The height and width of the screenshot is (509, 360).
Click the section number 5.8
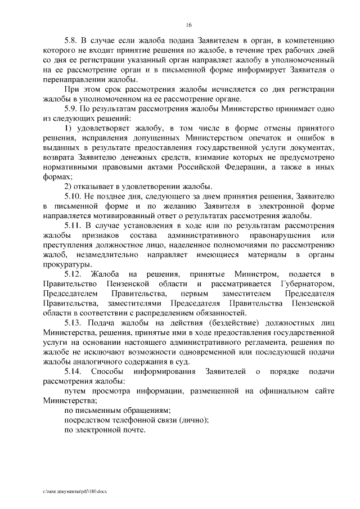[73, 42]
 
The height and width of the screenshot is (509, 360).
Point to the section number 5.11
[74, 226]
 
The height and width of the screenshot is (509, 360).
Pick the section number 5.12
[74, 274]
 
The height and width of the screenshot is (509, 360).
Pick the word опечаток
[272, 138]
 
